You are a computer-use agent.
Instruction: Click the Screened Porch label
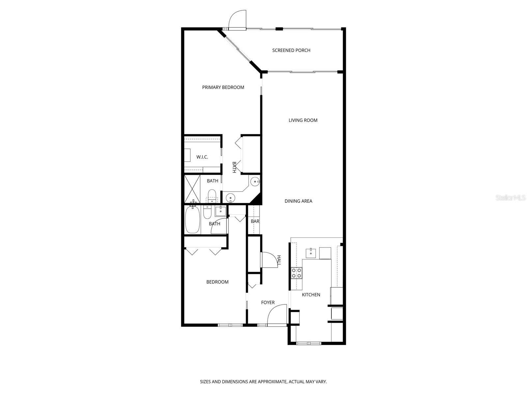pos(291,50)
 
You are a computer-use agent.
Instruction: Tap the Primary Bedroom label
pos(223,87)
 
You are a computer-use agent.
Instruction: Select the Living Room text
pos(303,120)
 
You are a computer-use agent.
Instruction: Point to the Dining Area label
pos(298,201)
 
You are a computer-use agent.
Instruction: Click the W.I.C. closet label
pos(202,157)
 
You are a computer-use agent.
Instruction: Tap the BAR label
pos(255,221)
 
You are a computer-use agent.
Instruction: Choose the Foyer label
pos(268,303)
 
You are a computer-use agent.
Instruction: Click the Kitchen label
pos(311,295)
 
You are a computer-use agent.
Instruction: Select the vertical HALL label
pos(279,260)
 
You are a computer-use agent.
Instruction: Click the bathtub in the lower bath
pos(192,220)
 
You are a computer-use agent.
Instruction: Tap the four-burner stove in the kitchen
pos(296,273)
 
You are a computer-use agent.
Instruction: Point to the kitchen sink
pos(311,253)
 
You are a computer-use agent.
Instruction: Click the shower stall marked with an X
pos(192,189)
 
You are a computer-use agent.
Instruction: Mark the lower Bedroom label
pos(217,282)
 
